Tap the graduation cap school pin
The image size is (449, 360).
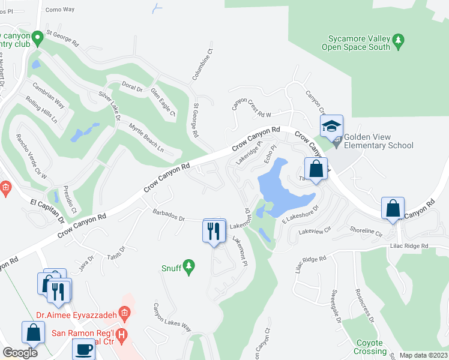tap(330, 127)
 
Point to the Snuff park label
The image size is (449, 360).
tap(171, 268)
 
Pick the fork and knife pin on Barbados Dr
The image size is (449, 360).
tap(214, 231)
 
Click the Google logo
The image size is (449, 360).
tap(20, 353)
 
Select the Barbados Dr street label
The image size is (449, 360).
tap(169, 214)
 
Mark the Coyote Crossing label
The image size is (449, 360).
tap(370, 346)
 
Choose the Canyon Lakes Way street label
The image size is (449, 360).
tap(172, 317)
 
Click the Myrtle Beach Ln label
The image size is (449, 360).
tap(146, 137)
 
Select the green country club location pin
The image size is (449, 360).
tap(37, 38)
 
